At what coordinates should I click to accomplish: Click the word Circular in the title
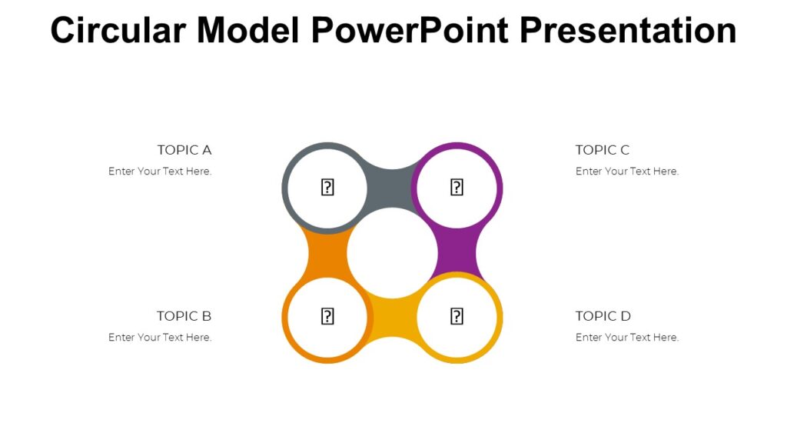tap(118, 31)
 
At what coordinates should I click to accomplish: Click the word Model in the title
tap(249, 31)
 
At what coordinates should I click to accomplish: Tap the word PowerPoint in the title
tap(410, 31)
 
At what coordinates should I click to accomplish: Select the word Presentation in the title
tap(629, 31)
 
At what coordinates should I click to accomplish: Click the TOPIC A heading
tap(184, 150)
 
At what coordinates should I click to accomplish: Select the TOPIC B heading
tap(184, 316)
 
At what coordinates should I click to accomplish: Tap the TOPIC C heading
tap(603, 150)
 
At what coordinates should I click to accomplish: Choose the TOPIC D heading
tap(603, 316)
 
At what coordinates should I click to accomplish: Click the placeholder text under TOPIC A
tap(160, 172)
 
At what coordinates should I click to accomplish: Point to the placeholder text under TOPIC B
tap(160, 338)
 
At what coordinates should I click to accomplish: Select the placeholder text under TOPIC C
tap(627, 172)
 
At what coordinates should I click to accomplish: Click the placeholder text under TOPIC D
tap(627, 338)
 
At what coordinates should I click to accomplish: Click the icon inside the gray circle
tap(327, 187)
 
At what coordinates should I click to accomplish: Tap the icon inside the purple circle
tap(457, 187)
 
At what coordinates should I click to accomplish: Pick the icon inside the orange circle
tap(327, 316)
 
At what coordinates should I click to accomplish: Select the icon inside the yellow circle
tap(457, 316)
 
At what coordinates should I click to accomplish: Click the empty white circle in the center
tap(392, 253)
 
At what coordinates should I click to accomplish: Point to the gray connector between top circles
tap(392, 185)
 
